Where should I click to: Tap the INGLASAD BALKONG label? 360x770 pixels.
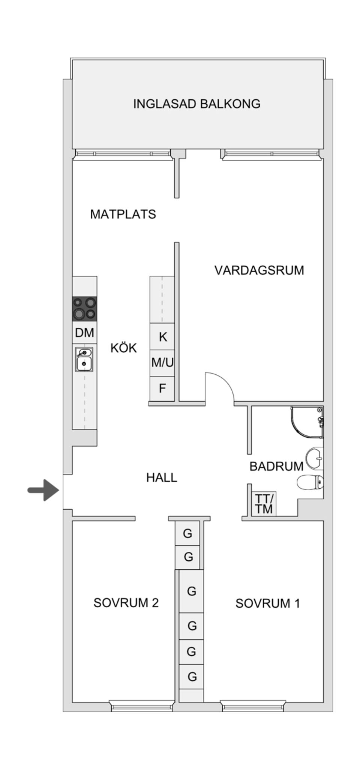[x=196, y=104]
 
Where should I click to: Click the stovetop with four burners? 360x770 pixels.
[x=84, y=308]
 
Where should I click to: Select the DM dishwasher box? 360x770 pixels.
[x=85, y=333]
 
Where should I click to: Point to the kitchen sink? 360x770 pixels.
[x=84, y=359]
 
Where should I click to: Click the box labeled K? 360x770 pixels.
[x=162, y=336]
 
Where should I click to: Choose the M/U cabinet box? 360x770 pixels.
[x=162, y=363]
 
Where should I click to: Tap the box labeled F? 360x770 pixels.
[x=162, y=388]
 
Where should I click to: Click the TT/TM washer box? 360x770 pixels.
[x=264, y=504]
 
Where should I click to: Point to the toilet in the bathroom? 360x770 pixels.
[x=310, y=482]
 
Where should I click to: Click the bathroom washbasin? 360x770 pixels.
[x=314, y=458]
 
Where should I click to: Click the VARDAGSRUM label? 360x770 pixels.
[x=259, y=270]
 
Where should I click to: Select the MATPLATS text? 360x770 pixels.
[x=123, y=214]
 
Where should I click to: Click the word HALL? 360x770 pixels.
[x=162, y=477]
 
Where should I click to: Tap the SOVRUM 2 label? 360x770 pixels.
[x=126, y=603]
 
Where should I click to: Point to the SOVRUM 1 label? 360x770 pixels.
[x=268, y=603]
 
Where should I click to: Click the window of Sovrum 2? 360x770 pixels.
[x=142, y=706]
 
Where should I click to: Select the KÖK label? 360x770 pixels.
[x=124, y=348]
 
